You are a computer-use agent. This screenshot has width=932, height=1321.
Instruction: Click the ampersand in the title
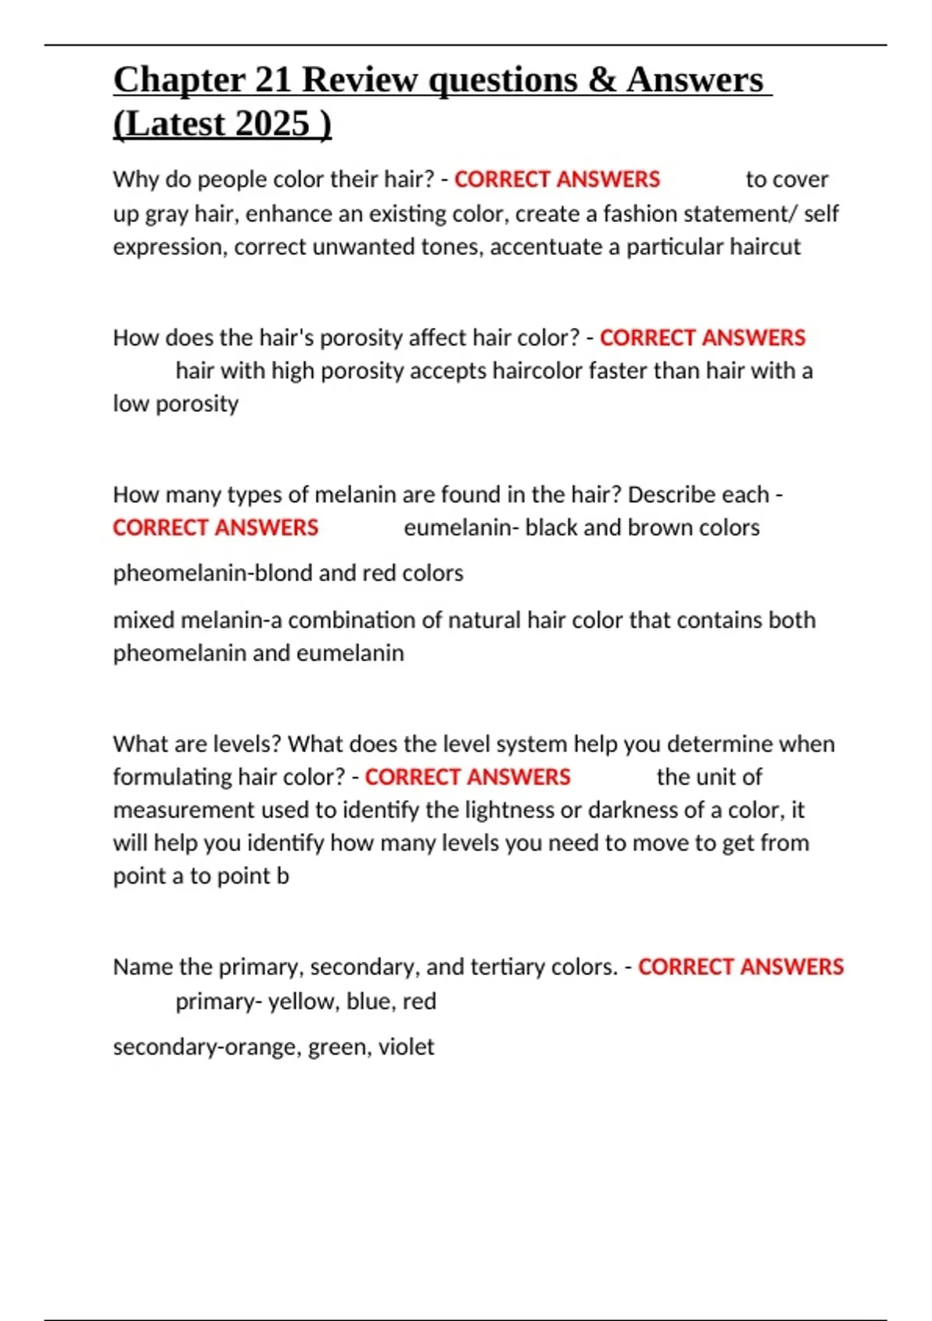(x=601, y=80)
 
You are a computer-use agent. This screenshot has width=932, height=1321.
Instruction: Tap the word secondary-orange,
(x=207, y=1047)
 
